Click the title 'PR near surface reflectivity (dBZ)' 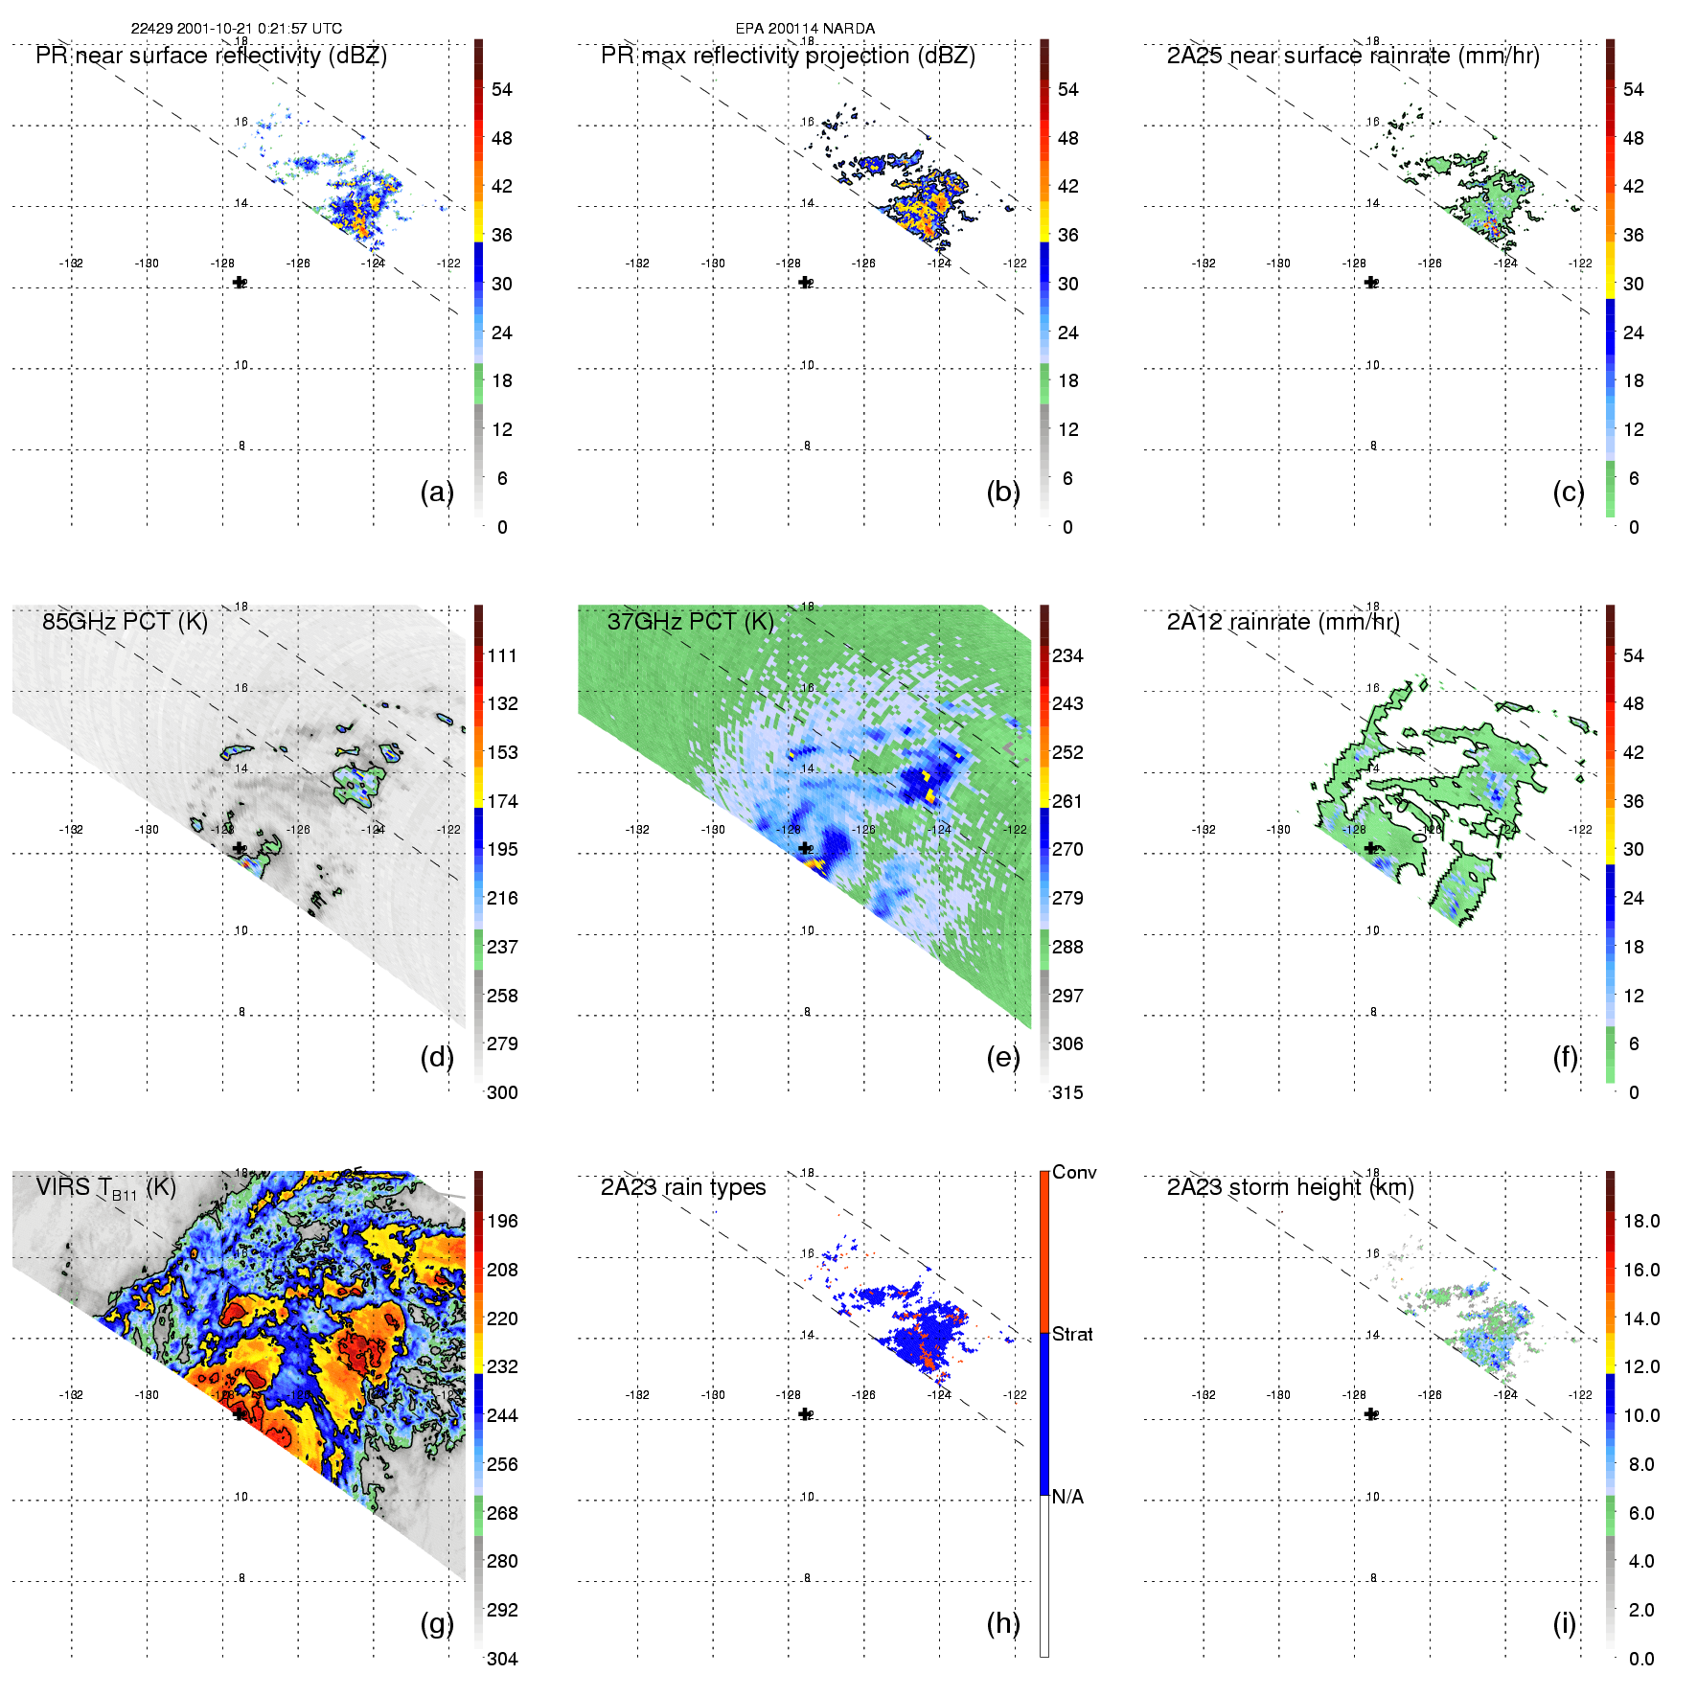click(x=211, y=56)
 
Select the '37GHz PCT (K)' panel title click(x=690, y=622)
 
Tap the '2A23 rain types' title click(x=683, y=1187)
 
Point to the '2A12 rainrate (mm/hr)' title click(x=1283, y=622)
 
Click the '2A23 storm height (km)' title click(x=1290, y=1187)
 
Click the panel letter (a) click(x=436, y=492)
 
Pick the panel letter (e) click(x=1002, y=1057)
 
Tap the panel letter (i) click(x=1564, y=1623)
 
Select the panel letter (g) click(x=436, y=1623)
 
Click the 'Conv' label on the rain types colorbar click(x=1074, y=1172)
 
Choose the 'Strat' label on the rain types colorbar click(x=1072, y=1334)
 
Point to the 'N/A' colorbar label click(x=1067, y=1497)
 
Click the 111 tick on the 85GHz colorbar click(x=502, y=655)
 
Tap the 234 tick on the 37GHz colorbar click(x=1067, y=655)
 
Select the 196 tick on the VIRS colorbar click(x=502, y=1221)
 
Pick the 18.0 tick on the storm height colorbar click(x=1640, y=1221)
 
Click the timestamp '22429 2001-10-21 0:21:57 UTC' click(x=236, y=29)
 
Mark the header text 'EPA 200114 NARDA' click(x=805, y=29)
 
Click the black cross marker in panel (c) click(x=1371, y=283)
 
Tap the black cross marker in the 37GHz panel click(x=805, y=848)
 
